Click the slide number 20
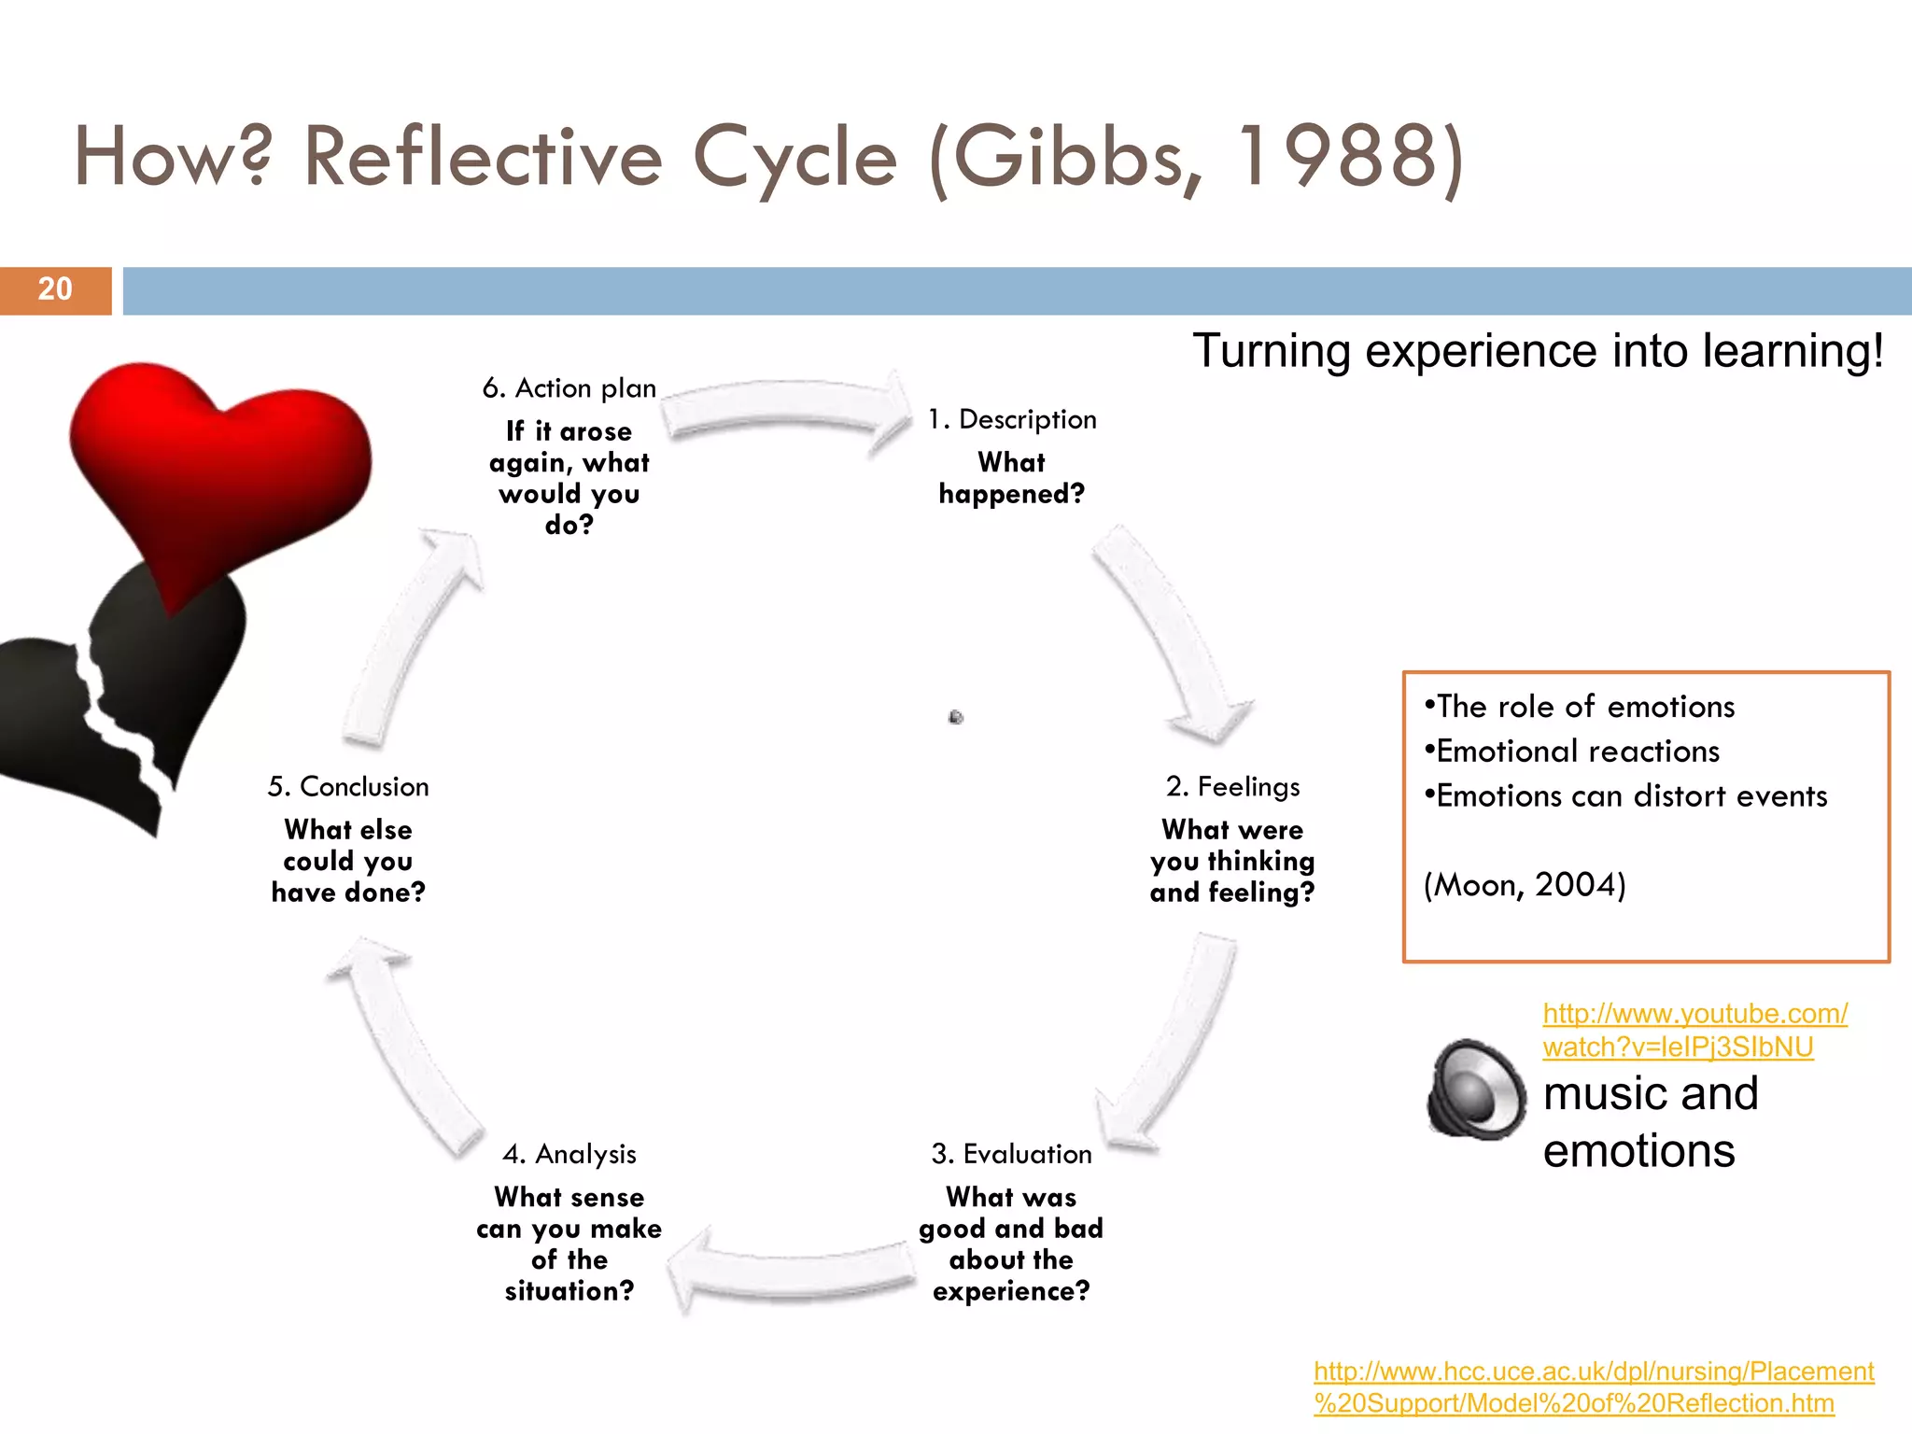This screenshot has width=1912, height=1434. tap(55, 289)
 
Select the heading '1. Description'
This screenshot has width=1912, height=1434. tap(1012, 419)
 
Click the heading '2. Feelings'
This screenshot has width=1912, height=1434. tap(1232, 786)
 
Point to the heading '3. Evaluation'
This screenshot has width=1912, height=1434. tap(1011, 1154)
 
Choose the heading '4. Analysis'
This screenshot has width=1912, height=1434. tap(569, 1154)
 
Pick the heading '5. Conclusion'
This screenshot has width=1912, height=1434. tap(348, 786)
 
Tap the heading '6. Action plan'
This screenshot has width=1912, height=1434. tap(569, 387)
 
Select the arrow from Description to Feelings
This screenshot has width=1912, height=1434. tap(1172, 635)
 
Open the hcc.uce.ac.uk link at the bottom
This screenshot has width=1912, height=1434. tap(1593, 1386)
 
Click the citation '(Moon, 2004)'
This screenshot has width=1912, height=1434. tap(1524, 884)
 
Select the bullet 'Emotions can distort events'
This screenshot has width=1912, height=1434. tap(1630, 795)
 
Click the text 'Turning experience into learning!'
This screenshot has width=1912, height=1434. tap(1538, 352)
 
